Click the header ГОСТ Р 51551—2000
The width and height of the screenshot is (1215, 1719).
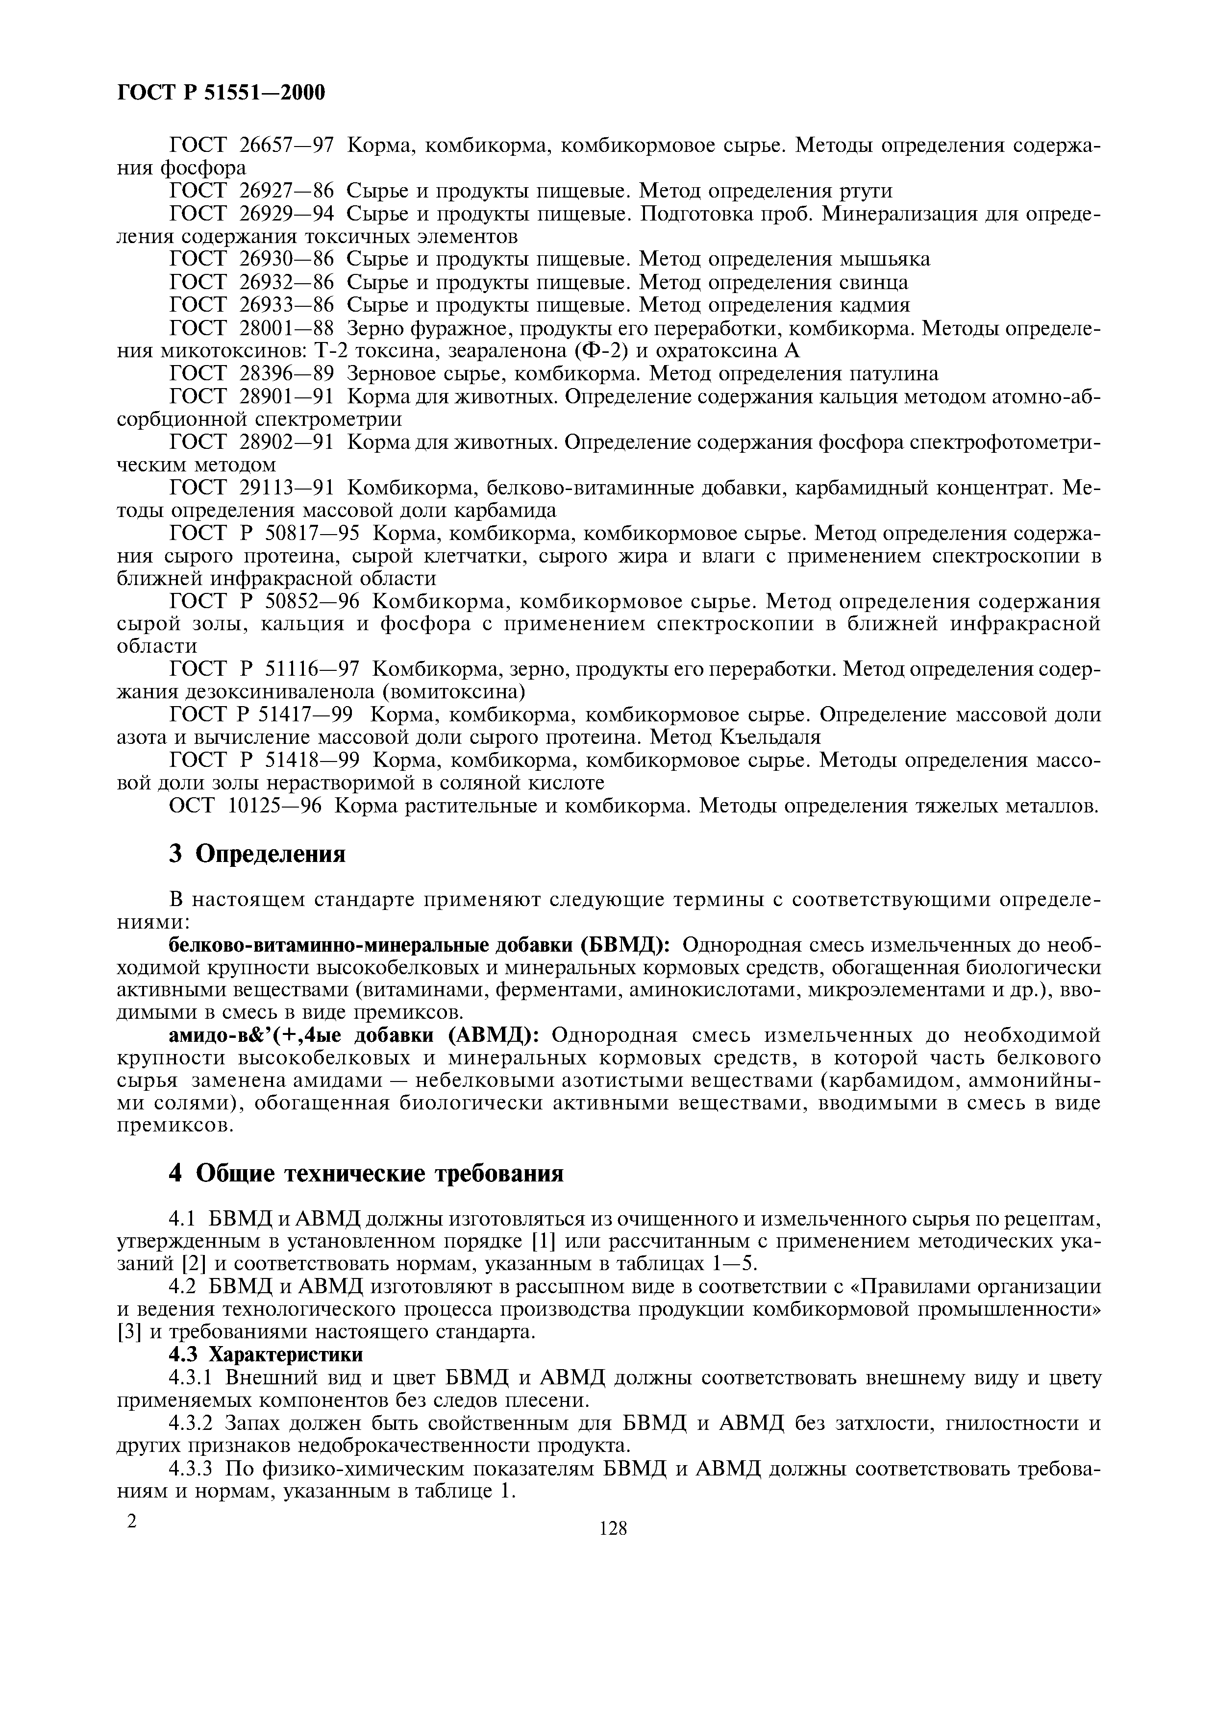(x=222, y=93)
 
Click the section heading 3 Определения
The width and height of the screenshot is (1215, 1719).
(x=257, y=854)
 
